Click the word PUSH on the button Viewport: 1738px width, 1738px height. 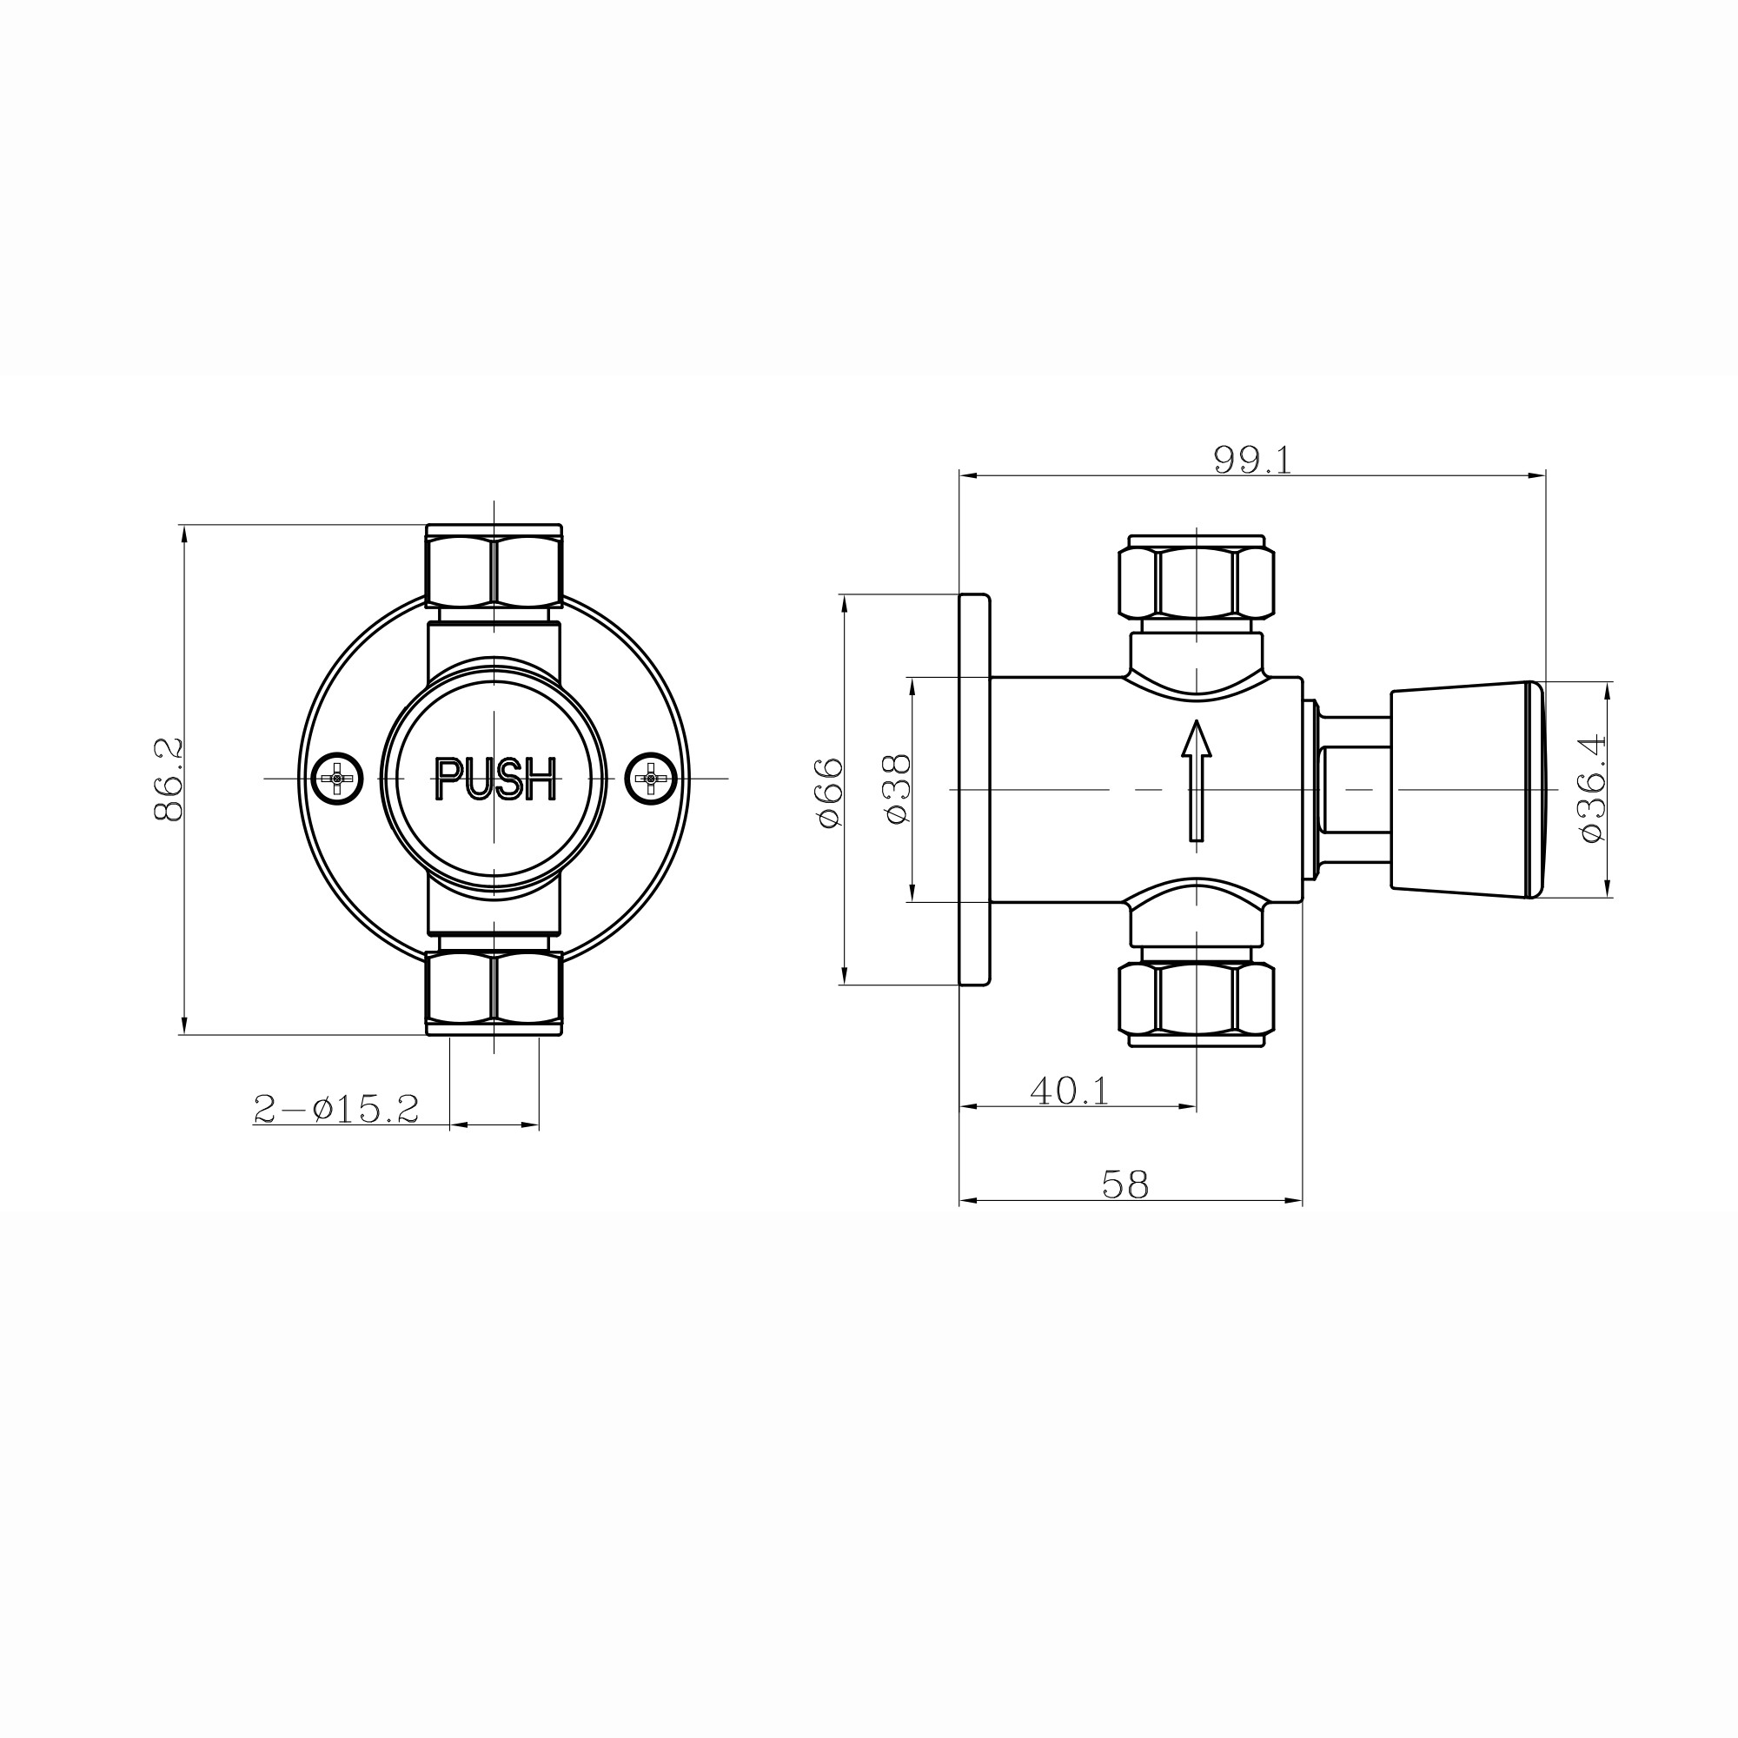tap(495, 779)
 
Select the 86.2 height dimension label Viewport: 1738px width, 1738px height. tap(169, 779)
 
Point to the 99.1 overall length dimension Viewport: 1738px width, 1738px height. tap(1252, 460)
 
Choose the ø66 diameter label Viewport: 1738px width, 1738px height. tap(829, 792)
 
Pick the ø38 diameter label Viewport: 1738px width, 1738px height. tap(898, 789)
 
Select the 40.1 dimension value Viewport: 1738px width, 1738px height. tap(1070, 1092)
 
